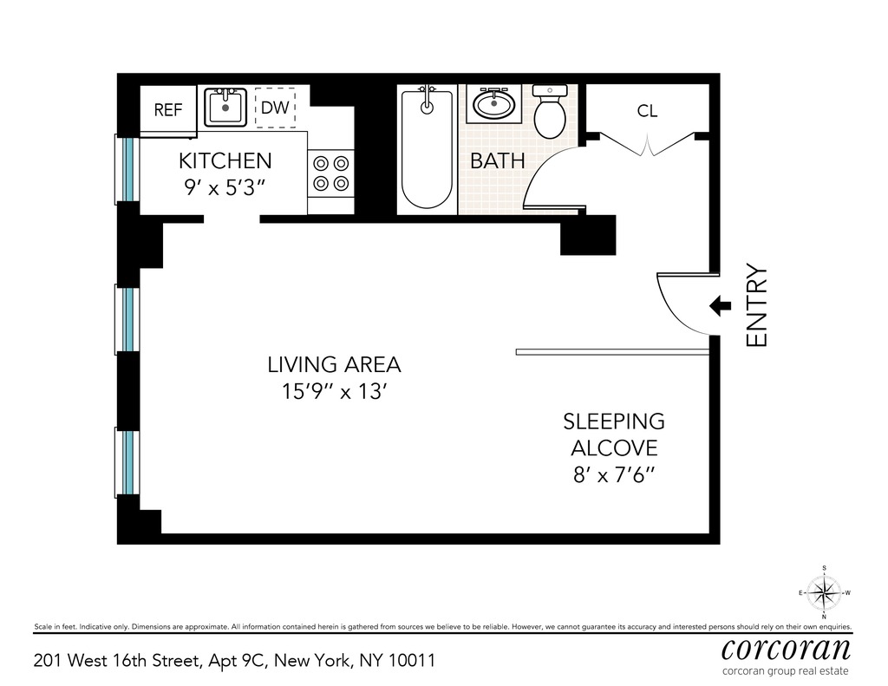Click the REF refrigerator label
[x=168, y=110]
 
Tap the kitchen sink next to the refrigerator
[x=225, y=108]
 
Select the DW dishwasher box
[x=274, y=108]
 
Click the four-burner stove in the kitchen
[x=330, y=172]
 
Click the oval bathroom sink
[x=494, y=106]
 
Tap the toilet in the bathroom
[x=550, y=113]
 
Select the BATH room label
[x=498, y=160]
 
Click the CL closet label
[x=647, y=111]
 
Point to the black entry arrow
[x=720, y=305]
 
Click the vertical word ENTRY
[x=757, y=305]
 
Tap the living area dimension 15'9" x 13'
[x=333, y=391]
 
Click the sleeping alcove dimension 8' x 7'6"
[x=613, y=474]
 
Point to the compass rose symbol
[x=823, y=593]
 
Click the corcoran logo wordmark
[x=786, y=649]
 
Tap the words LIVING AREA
[x=334, y=365]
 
